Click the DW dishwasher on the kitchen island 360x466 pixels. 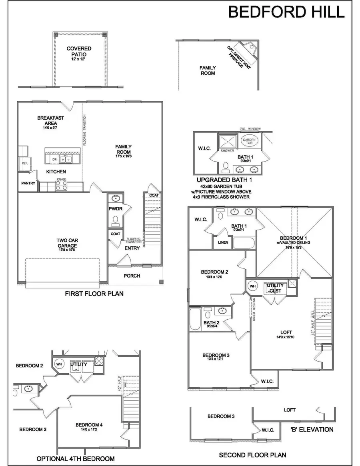(54, 159)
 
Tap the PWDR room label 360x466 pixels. (115, 208)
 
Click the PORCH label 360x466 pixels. (132, 276)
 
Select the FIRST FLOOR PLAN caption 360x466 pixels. (94, 294)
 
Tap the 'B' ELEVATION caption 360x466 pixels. (312, 430)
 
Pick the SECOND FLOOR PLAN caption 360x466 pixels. (252, 455)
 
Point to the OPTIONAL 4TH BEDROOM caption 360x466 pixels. (76, 458)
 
